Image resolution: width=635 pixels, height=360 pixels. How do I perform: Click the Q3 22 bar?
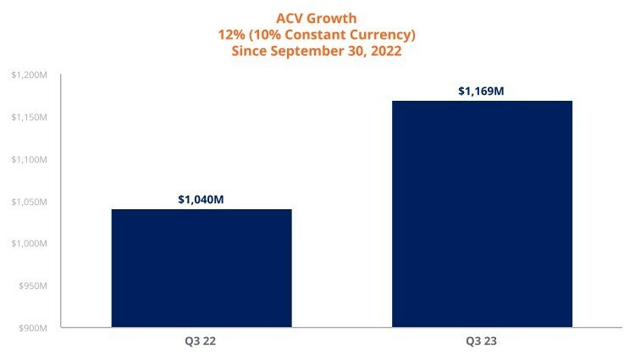coord(202,268)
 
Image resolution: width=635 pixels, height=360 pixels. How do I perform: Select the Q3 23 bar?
coord(483,213)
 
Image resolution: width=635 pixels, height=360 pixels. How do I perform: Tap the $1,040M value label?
coord(201,200)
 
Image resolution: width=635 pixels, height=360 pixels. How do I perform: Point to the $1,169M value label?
coord(482,91)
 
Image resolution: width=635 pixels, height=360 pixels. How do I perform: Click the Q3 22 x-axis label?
coord(201,342)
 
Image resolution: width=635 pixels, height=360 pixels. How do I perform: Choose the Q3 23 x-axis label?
coord(483,342)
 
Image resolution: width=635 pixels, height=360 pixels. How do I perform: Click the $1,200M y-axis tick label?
coord(29,76)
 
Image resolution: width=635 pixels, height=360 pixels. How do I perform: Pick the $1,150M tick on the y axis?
coord(29,118)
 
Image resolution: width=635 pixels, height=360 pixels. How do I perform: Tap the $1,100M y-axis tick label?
coord(29,160)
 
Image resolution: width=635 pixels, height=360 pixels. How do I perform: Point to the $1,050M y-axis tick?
coord(29,202)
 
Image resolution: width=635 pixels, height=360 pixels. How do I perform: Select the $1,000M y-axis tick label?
coord(29,244)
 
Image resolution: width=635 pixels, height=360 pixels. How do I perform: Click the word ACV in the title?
coord(291,17)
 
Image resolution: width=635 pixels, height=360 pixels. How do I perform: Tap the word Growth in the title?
coord(334,17)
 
